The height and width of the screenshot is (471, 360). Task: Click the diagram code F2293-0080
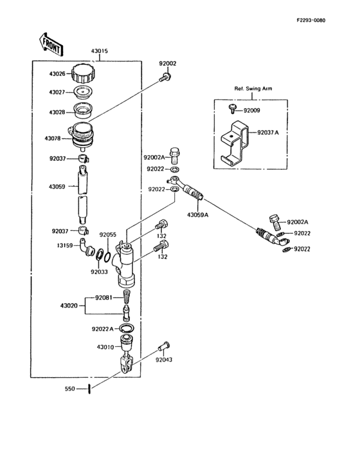point(311,21)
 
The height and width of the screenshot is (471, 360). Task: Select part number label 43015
point(100,51)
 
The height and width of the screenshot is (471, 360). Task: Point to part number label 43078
point(53,138)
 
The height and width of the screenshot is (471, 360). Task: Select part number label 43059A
point(198,214)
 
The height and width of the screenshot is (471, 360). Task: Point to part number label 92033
point(100,272)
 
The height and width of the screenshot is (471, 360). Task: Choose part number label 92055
point(108,235)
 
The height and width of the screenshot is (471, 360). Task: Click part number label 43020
point(69,305)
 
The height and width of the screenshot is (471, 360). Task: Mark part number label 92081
point(104,297)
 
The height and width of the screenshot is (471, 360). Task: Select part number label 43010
point(106,347)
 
